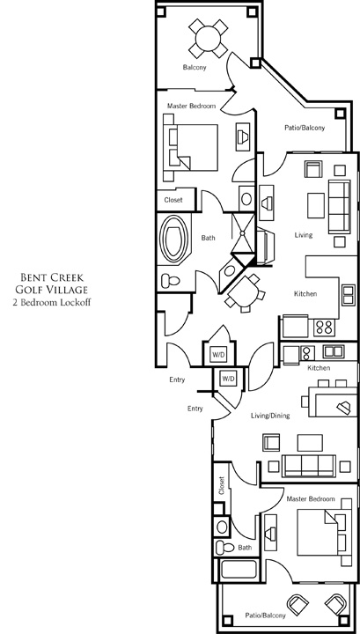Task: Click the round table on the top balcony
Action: (208, 39)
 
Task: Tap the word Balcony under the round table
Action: (195, 67)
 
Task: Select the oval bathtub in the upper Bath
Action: (174, 241)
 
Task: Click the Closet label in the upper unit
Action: (173, 200)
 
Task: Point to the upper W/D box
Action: (218, 355)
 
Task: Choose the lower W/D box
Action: (228, 379)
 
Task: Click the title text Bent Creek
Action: (52, 277)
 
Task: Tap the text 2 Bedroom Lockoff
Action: (52, 302)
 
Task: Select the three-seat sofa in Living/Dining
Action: (309, 466)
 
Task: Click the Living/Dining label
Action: (270, 416)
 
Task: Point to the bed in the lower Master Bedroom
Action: (321, 532)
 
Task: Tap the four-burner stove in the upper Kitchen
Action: (324, 328)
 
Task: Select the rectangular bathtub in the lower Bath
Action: (239, 570)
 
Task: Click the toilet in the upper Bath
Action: (170, 280)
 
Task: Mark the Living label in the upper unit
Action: (304, 235)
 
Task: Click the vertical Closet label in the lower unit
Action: (222, 485)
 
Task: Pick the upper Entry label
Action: (177, 380)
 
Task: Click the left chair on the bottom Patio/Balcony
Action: (298, 604)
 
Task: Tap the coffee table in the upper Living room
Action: (316, 205)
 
